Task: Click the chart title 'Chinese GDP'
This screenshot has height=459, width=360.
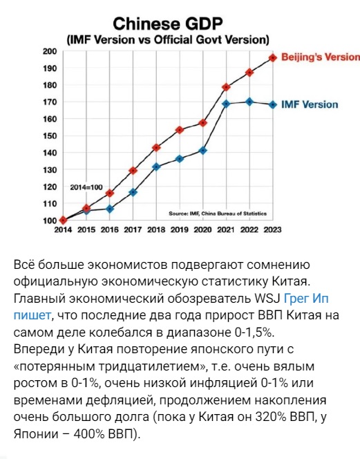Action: pos(168,24)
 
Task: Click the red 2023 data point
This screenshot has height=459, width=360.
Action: pos(273,58)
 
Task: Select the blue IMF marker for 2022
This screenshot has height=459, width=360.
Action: pos(249,102)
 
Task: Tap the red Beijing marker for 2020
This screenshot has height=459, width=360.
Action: pos(203,123)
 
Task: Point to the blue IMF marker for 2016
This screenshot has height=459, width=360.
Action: pos(110,209)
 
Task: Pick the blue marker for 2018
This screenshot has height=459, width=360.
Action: pos(156,167)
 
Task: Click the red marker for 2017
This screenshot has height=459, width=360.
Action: pos(133,170)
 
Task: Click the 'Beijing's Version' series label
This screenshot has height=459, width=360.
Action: pos(321,57)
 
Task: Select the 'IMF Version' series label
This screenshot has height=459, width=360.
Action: pos(310,104)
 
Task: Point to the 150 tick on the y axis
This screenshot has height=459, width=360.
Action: pos(50,135)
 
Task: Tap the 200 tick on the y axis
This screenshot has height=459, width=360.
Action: pos(50,52)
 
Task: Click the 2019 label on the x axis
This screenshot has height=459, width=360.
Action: pos(180,230)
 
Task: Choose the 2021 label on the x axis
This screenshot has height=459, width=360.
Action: pos(226,230)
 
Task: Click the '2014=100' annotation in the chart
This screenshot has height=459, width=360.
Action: pos(86,187)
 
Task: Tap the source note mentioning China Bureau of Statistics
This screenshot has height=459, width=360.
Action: pos(218,214)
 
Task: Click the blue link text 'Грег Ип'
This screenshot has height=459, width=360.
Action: pos(306,299)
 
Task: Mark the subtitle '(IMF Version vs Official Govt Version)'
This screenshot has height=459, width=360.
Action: pos(168,40)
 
